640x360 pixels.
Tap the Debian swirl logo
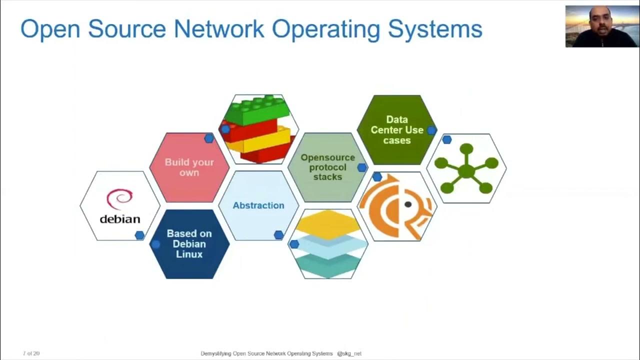[x=119, y=199]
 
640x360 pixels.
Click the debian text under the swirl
[x=120, y=219]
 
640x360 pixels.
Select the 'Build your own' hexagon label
[x=189, y=167]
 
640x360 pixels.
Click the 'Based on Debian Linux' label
[x=189, y=243]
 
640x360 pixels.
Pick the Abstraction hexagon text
[x=258, y=205]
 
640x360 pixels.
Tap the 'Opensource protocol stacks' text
[x=327, y=167]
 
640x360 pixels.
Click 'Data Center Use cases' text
[x=397, y=130]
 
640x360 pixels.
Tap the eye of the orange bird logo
[x=408, y=204]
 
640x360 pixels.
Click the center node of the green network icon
[x=466, y=171]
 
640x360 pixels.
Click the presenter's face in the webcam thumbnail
[x=600, y=22]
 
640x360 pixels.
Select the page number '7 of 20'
[x=31, y=353]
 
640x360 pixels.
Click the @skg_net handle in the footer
[x=349, y=353]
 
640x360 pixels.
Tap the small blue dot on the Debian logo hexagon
[x=139, y=235]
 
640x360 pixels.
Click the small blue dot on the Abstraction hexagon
[x=278, y=235]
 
